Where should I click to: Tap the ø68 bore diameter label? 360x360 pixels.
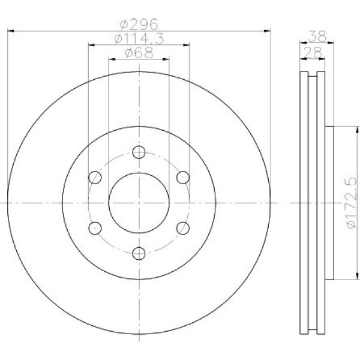(x=139, y=53)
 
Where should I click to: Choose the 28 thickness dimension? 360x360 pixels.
(x=313, y=53)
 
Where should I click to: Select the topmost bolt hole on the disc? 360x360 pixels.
(x=139, y=151)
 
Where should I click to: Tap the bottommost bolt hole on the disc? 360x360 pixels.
(x=139, y=253)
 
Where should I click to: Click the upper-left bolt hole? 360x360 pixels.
(x=94, y=177)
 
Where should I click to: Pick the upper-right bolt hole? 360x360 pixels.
(x=183, y=177)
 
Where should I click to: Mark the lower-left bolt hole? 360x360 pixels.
(x=94, y=227)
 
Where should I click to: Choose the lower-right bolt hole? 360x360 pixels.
(x=183, y=227)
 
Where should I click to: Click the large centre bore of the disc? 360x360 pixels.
(x=139, y=202)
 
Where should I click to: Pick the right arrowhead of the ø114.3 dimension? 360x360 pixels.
(x=186, y=44)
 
